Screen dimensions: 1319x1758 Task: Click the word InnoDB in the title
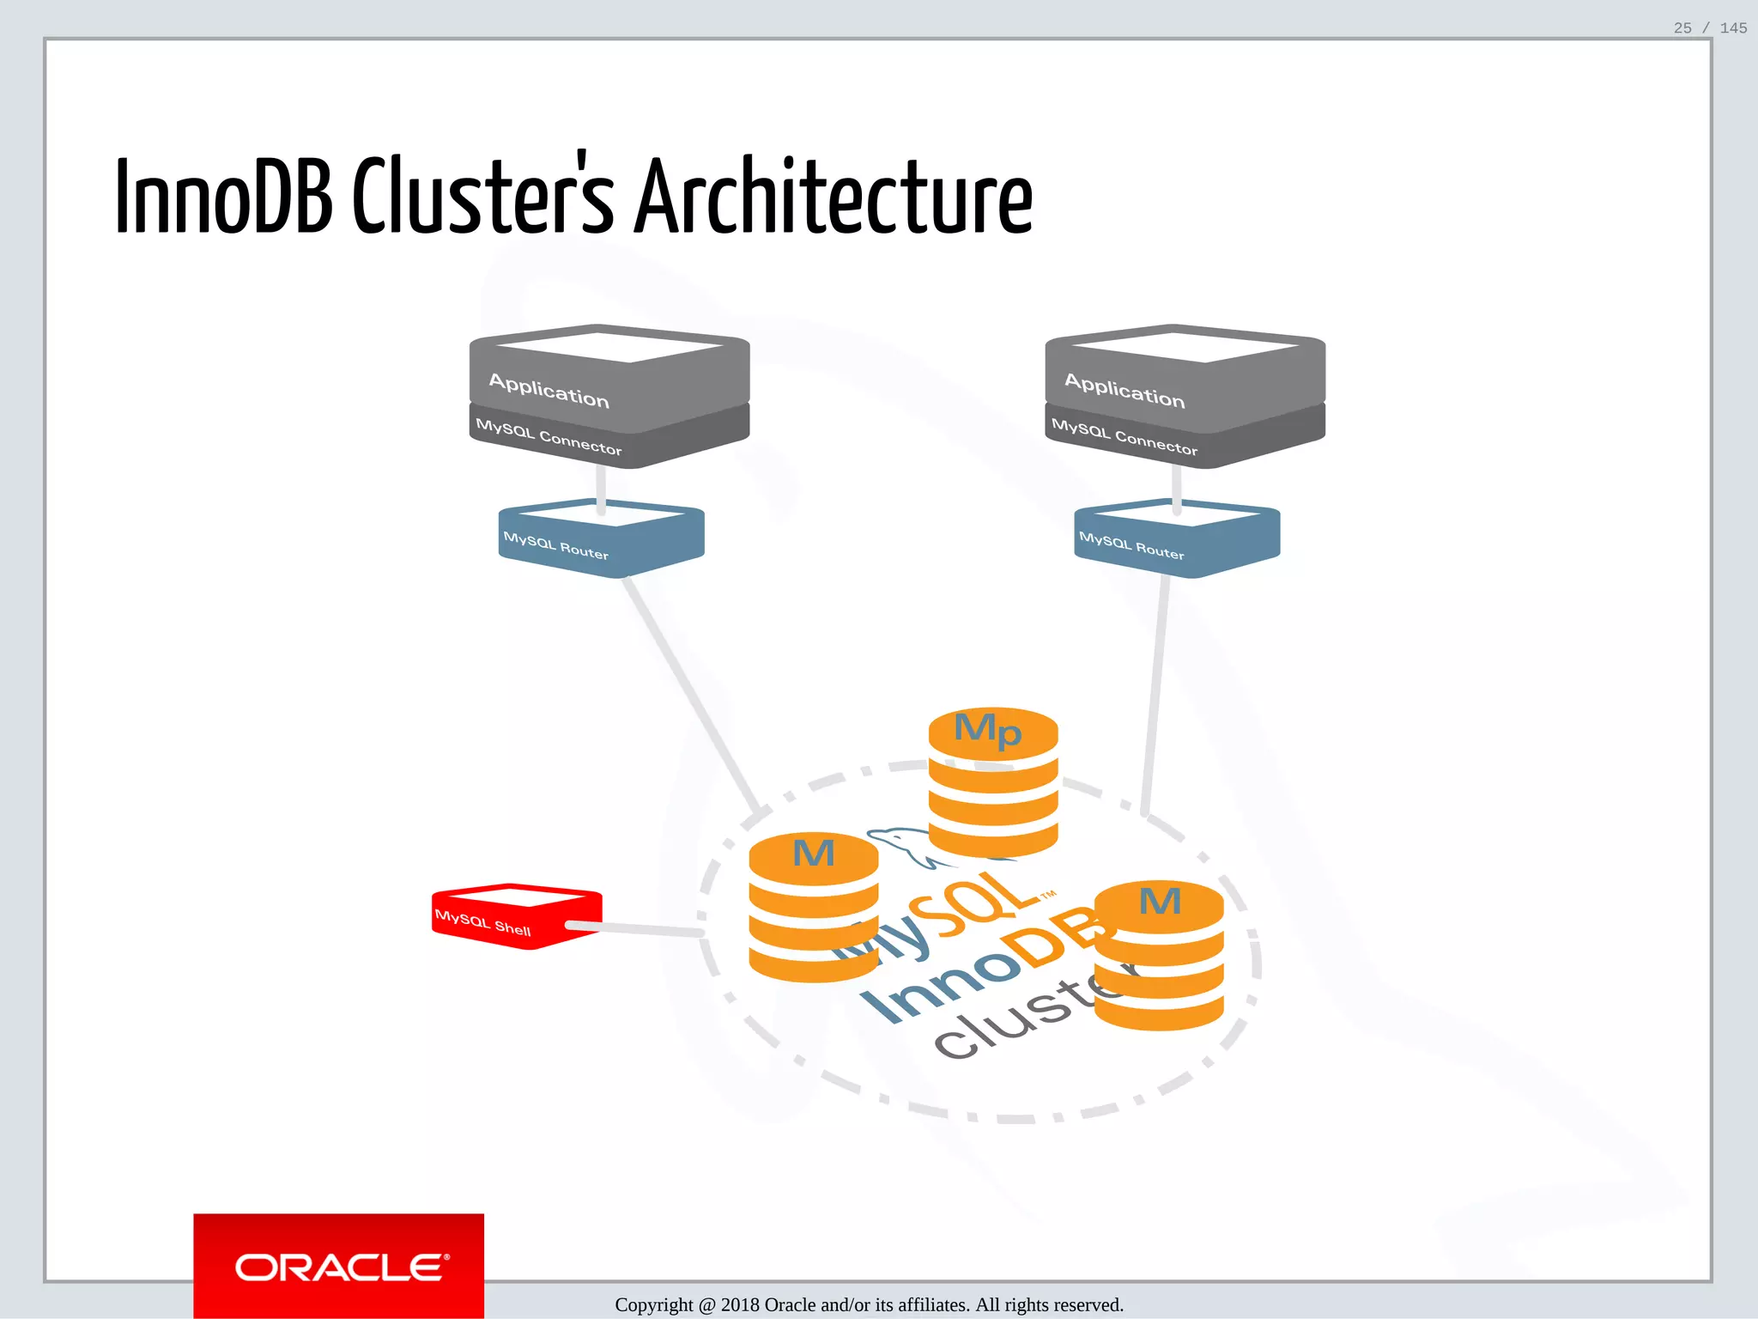click(223, 198)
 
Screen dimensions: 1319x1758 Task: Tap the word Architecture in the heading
click(833, 198)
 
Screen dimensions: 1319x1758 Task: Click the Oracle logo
click(339, 1267)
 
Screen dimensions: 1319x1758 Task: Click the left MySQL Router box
click(601, 539)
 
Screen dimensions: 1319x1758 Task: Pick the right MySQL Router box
click(1176, 539)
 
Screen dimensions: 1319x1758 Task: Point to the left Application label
click(549, 390)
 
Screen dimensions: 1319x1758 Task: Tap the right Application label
click(1125, 390)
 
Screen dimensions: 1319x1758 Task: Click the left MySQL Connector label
click(549, 437)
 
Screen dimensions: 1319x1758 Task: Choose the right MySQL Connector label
click(1125, 437)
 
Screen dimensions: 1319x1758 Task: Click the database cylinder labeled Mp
click(993, 781)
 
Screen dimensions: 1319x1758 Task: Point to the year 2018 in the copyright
click(740, 1305)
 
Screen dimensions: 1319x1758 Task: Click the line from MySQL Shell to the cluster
click(635, 928)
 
